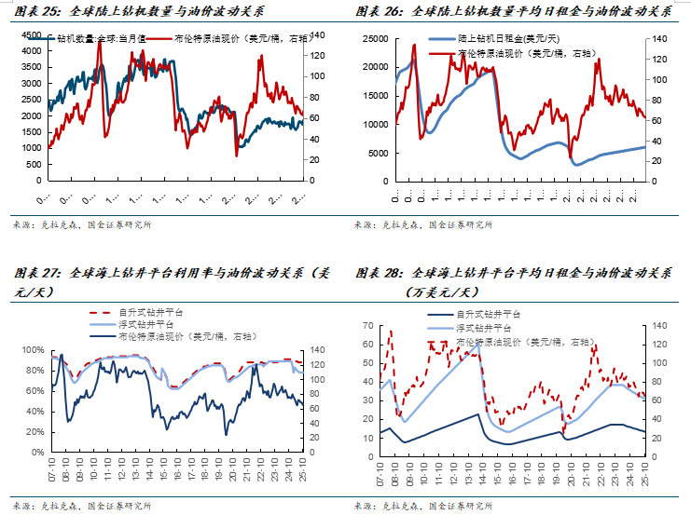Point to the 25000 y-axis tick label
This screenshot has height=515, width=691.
pos(376,39)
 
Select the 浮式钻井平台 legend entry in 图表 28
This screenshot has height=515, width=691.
pos(484,329)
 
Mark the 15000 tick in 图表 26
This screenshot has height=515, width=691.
pos(376,96)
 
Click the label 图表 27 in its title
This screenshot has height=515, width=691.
pos(35,274)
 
